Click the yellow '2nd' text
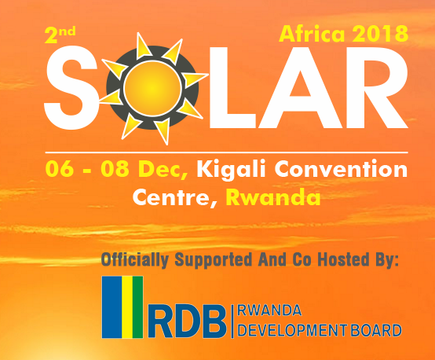coord(60,35)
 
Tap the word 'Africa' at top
coord(312,34)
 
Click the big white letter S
coord(71,88)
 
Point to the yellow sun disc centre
coord(152,88)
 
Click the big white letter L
coord(232,87)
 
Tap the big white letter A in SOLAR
coord(300,87)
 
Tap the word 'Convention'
coord(342,169)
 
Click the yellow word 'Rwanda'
coord(273,197)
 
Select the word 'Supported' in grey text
coord(214,260)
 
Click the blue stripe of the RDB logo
coord(112,307)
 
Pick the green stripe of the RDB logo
coord(138,307)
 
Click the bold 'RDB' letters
coord(188,321)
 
